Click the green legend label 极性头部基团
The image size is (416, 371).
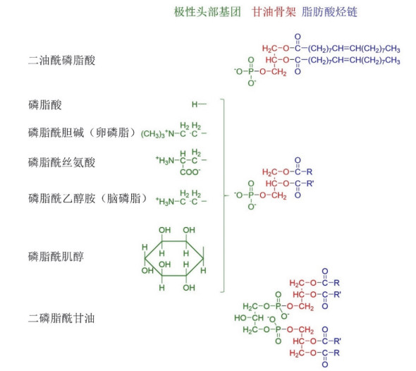(207, 12)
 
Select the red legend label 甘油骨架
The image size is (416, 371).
(274, 12)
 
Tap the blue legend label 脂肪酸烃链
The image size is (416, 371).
(329, 12)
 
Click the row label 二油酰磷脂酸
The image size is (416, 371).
(61, 60)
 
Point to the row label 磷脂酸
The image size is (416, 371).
(45, 105)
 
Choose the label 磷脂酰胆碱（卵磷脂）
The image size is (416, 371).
(83, 133)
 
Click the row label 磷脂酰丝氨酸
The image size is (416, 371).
(61, 162)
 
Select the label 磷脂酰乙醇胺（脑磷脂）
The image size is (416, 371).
(89, 198)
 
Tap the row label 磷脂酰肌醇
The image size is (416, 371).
(56, 257)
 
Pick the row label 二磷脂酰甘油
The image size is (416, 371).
(61, 318)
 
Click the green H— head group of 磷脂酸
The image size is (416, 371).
(199, 104)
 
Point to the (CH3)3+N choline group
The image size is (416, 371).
(158, 133)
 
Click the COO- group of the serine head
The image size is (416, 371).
(190, 172)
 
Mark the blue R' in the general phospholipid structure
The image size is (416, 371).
(310, 183)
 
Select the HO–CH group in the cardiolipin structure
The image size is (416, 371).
(249, 317)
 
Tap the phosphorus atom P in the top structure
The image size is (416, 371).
(251, 71)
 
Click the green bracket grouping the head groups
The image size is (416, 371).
(224, 195)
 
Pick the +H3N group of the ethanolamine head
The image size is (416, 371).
(165, 202)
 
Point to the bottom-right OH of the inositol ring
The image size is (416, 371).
(189, 288)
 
